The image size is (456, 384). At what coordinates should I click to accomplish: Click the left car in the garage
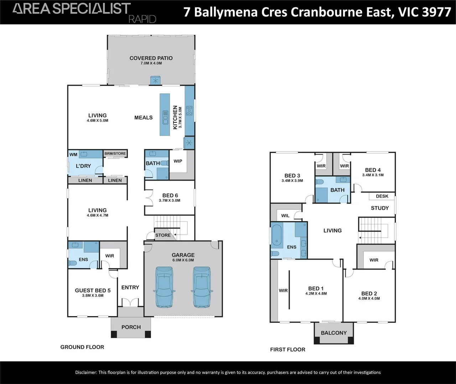164,287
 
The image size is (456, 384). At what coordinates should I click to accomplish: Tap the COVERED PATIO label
151,58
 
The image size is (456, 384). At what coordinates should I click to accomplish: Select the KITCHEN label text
175,117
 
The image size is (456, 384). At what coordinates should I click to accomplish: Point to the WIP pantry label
178,161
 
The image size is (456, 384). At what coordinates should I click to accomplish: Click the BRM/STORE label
115,154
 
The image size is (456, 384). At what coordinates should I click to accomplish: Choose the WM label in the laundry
73,155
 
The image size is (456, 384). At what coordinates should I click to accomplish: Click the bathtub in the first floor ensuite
276,235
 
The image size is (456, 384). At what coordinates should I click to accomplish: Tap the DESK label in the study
382,196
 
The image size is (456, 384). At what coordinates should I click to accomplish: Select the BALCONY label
333,333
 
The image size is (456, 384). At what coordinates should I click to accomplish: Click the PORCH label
131,327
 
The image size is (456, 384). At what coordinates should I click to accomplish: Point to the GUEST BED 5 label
93,290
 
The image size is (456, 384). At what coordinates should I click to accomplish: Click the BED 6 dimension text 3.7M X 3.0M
170,201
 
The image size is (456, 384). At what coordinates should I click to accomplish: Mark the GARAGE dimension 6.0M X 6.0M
183,260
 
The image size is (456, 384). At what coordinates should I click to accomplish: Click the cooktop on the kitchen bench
190,111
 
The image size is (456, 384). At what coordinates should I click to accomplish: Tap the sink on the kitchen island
165,118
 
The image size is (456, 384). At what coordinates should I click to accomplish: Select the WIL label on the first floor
285,215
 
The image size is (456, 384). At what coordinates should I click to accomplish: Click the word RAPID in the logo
142,19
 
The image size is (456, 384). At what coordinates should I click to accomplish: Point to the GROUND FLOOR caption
82,347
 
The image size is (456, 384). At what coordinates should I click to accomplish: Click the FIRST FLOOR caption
287,350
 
